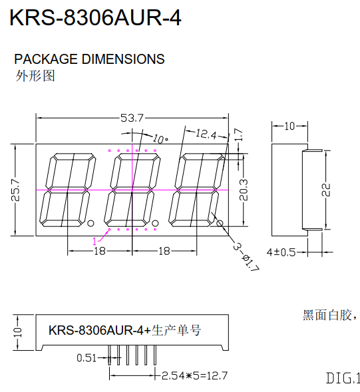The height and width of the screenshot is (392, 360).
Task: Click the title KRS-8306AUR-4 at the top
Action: click(95, 17)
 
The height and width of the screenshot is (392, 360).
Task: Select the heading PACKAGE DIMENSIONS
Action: click(89, 59)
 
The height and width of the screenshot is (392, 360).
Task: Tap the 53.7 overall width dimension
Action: click(132, 118)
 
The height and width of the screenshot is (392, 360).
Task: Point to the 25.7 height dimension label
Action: click(15, 190)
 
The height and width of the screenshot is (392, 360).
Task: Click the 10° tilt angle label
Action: click(160, 139)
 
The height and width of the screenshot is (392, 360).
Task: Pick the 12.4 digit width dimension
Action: click(206, 134)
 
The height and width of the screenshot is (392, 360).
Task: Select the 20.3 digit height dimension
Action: click(244, 190)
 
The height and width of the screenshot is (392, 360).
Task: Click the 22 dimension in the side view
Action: click(326, 190)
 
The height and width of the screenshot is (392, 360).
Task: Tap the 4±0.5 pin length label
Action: click(281, 252)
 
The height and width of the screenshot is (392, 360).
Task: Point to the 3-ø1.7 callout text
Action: click(246, 258)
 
